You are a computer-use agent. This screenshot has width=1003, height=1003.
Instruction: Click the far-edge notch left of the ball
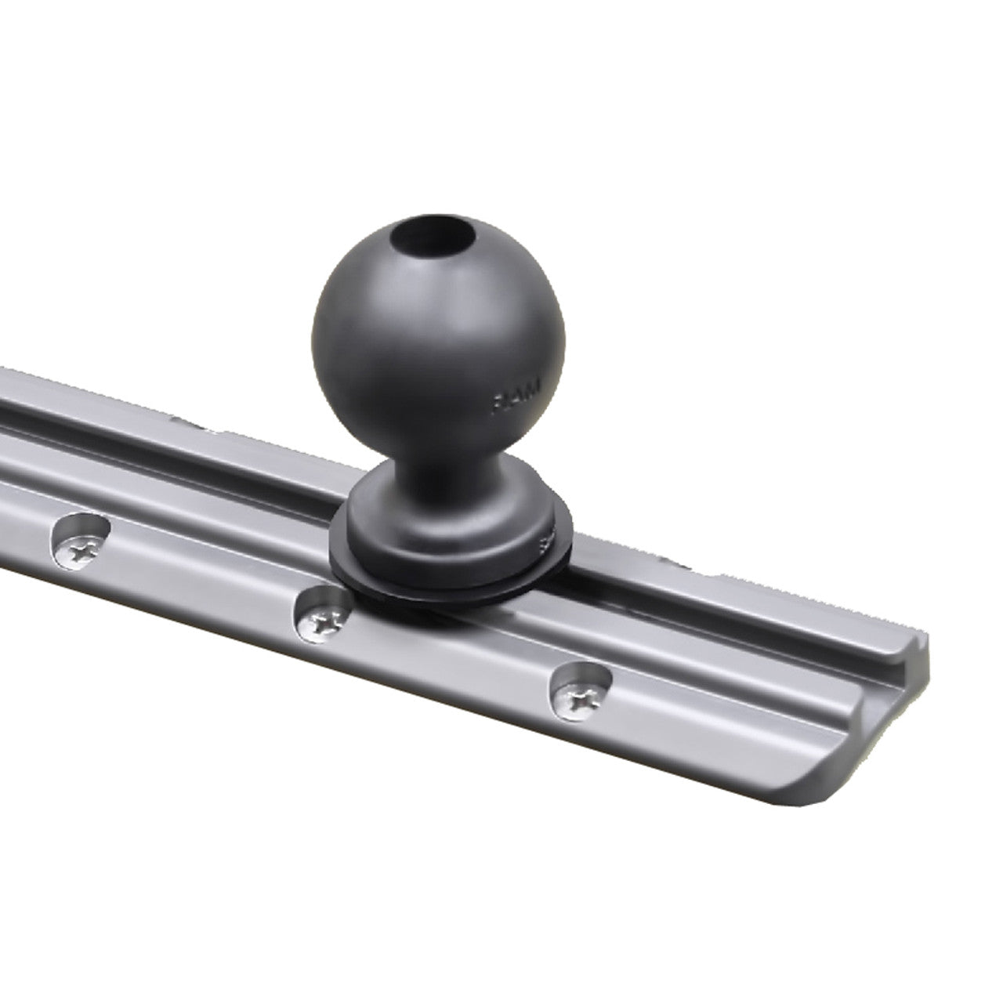(200, 428)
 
